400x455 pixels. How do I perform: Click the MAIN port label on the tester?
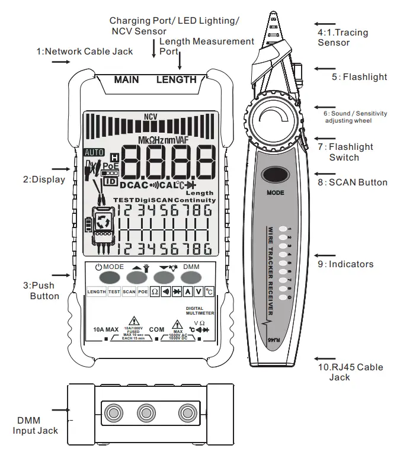126,79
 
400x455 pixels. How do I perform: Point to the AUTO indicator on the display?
94,152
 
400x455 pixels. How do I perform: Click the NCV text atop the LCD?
151,117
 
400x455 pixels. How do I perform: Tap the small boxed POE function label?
143,292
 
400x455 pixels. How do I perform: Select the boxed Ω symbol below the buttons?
155,292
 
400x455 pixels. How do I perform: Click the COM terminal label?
156,329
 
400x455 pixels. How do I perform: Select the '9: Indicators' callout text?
345,264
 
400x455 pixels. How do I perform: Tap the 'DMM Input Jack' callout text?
36,425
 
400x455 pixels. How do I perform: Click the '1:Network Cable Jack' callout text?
84,52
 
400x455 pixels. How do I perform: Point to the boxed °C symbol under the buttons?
209,292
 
